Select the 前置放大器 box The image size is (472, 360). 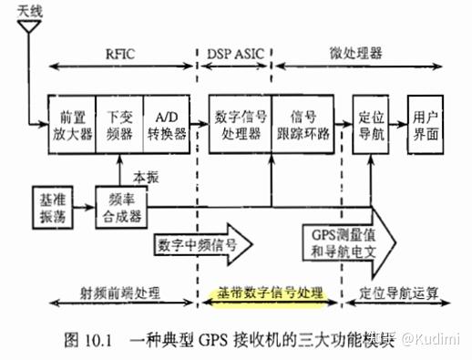tap(72, 124)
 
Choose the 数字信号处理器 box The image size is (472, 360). tap(240, 124)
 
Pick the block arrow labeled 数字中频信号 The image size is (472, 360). tap(202, 244)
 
